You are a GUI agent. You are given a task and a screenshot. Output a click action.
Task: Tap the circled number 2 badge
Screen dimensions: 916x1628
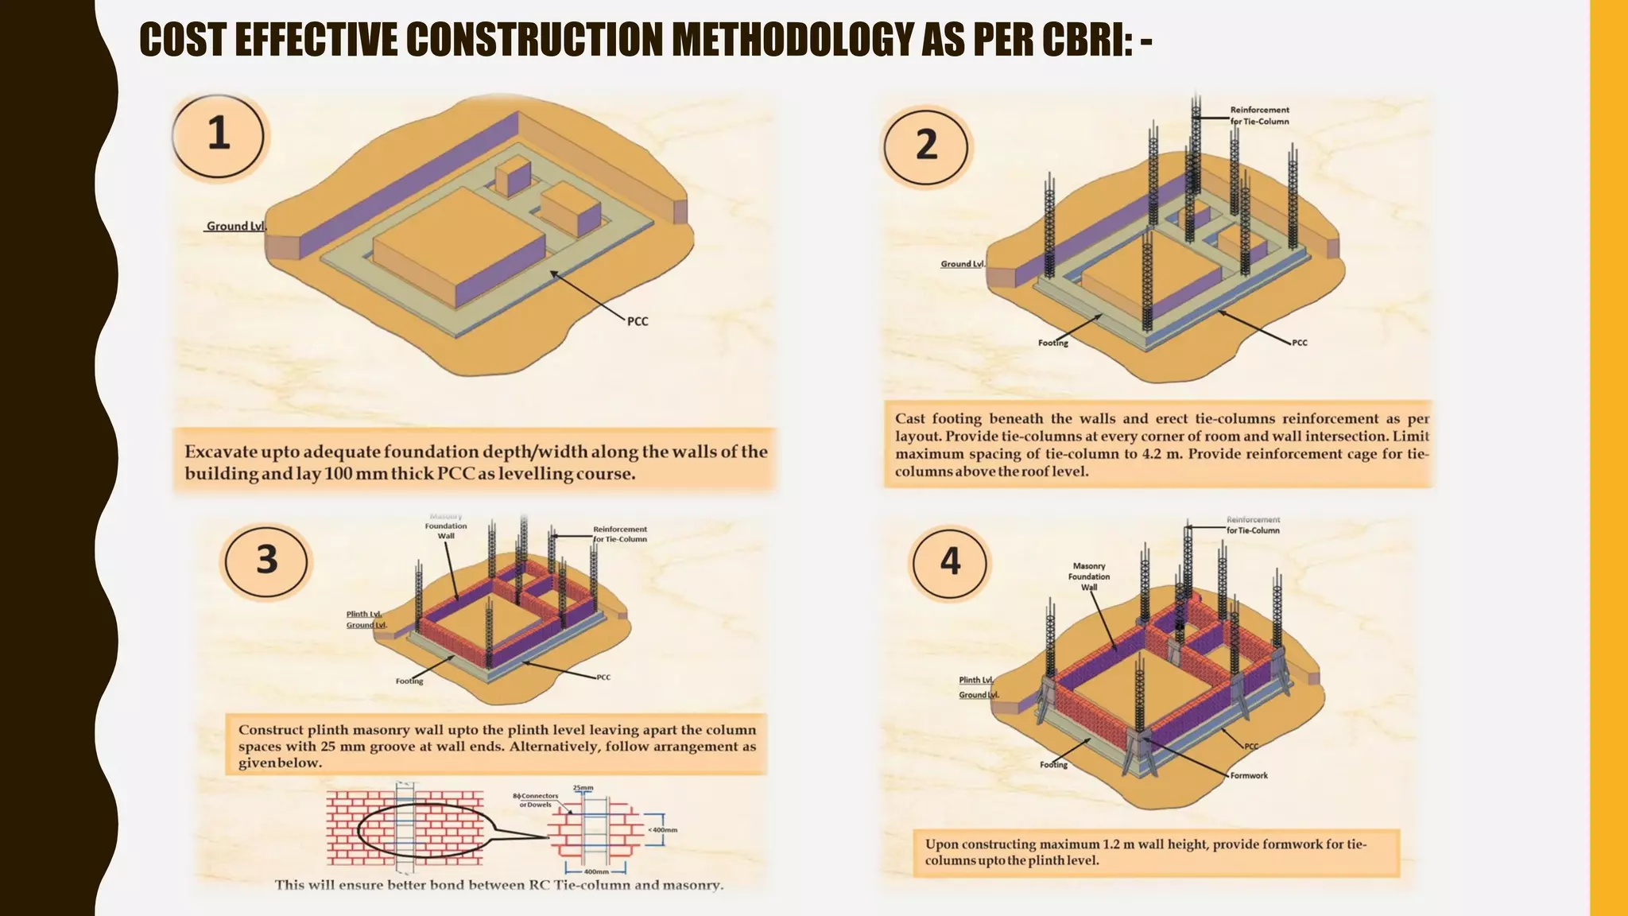(x=926, y=146)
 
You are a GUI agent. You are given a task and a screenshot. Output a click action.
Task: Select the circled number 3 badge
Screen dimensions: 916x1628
(x=266, y=561)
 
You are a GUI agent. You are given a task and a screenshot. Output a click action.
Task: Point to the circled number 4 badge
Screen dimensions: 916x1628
(x=950, y=562)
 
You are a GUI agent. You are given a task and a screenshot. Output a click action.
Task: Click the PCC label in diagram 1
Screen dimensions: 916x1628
(x=638, y=321)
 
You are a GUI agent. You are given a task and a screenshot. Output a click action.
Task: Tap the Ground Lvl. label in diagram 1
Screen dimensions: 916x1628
(x=236, y=226)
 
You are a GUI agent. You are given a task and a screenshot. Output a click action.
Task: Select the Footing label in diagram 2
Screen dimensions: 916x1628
(x=1052, y=343)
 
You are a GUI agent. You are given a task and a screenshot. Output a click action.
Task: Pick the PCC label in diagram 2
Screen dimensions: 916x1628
(x=1299, y=343)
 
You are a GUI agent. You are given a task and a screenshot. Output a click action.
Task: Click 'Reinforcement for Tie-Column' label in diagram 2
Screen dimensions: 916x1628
(x=1259, y=116)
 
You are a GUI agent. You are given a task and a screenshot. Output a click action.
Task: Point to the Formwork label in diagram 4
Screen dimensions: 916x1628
(x=1249, y=775)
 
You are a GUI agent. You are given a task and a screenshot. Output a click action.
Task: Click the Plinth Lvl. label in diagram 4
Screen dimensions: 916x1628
(x=975, y=680)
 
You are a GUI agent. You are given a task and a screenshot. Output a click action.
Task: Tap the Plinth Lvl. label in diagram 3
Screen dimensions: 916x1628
(x=364, y=614)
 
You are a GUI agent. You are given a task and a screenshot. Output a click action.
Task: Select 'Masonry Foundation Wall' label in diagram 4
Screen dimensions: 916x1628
(x=1088, y=576)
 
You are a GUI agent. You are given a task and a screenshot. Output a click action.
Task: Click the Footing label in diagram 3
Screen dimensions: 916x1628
(x=409, y=681)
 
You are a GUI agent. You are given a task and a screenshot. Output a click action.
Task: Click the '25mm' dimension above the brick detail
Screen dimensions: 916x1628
(x=583, y=788)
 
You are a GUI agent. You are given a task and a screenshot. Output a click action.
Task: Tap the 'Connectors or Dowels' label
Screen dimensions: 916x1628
(x=538, y=800)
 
